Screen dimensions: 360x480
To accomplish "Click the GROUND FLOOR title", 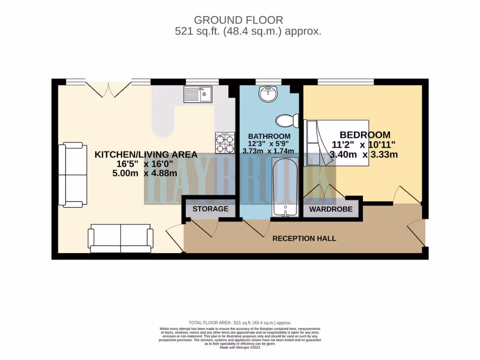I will pos(239,20).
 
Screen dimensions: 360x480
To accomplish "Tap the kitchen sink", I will pos(198,94).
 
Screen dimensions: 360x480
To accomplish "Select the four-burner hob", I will pos(225,142).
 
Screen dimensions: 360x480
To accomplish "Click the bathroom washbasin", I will pos(268,94).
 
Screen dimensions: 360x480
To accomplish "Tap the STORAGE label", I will pos(210,209).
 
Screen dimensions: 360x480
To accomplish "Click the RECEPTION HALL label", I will pos(304,239).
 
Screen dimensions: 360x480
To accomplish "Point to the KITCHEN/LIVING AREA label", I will pos(146,155).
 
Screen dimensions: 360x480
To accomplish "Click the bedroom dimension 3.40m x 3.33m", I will pos(364,154).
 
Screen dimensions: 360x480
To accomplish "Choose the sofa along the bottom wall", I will pos(120,238).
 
